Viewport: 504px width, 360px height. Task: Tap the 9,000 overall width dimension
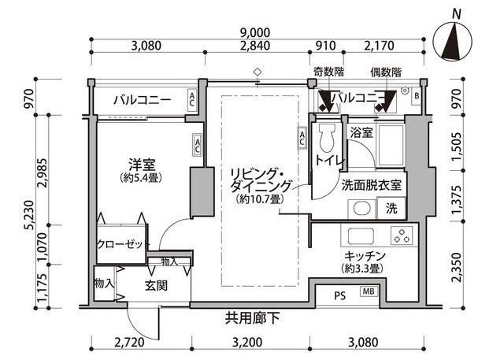click(x=257, y=32)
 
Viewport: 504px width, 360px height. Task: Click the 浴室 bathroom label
click(x=361, y=132)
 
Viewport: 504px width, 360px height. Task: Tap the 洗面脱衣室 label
click(x=372, y=186)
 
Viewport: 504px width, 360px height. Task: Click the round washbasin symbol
click(x=360, y=210)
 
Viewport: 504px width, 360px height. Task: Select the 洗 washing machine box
click(x=391, y=209)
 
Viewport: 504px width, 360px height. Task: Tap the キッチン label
click(x=363, y=256)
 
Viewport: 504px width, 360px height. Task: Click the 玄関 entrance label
click(x=155, y=285)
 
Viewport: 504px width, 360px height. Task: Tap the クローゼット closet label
click(x=120, y=244)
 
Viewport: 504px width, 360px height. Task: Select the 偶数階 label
click(x=386, y=73)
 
